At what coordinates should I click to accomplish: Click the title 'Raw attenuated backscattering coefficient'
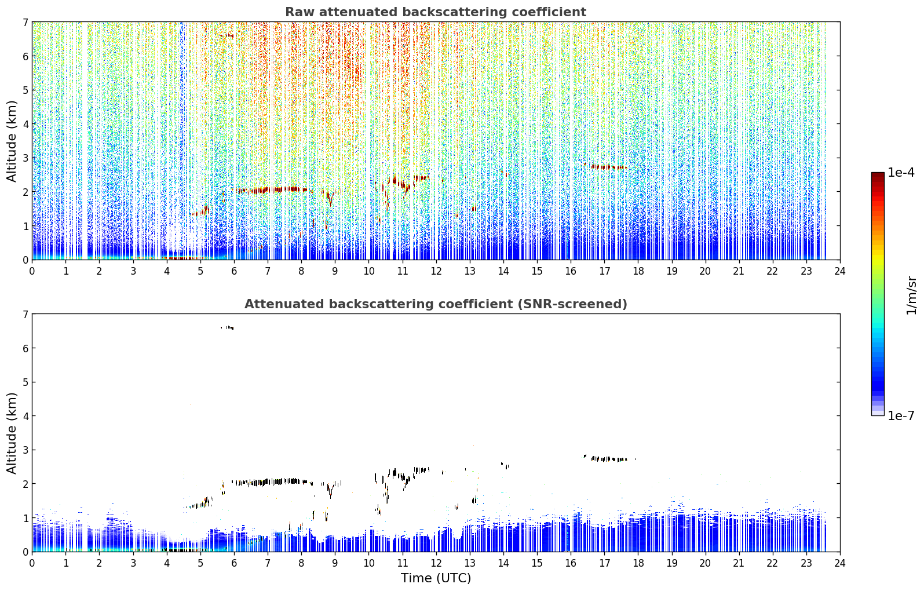click(436, 12)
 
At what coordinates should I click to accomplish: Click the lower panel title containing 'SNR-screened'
click(436, 304)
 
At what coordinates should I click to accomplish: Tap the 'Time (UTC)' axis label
click(436, 578)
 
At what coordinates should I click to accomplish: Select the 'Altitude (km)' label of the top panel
click(12, 141)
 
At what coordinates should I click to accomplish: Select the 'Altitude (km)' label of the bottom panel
click(12, 433)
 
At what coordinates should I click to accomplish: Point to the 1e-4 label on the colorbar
click(901, 173)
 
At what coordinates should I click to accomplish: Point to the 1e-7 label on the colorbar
click(901, 415)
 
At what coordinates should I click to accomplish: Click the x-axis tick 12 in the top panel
click(436, 271)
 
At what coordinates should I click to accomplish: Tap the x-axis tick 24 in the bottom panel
click(840, 563)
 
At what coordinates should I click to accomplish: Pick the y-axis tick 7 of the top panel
click(25, 22)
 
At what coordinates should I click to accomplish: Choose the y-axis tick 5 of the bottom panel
click(25, 382)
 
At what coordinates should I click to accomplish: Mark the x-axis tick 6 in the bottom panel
click(234, 563)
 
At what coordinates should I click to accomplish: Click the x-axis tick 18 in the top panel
click(638, 271)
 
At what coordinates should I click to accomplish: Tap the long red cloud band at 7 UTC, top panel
click(272, 190)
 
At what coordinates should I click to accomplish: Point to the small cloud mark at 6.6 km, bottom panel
click(228, 328)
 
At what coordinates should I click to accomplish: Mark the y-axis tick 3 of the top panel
click(25, 158)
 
